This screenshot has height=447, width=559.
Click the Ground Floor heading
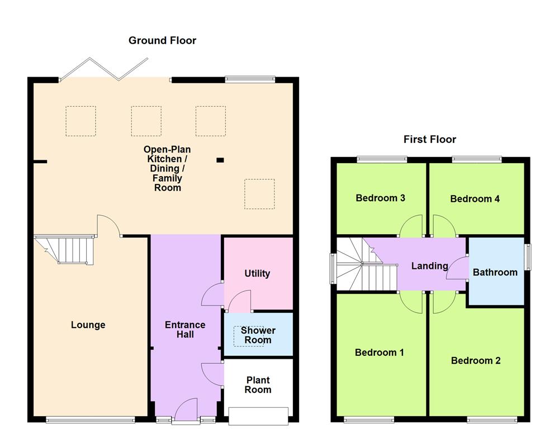(x=162, y=40)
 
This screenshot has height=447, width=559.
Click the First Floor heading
(x=430, y=139)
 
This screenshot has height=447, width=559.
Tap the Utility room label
(x=257, y=273)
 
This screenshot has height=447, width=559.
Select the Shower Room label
(x=258, y=335)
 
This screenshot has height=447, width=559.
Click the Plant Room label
(x=258, y=385)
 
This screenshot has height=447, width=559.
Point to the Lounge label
(x=88, y=325)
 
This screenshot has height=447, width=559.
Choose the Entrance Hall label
(x=185, y=329)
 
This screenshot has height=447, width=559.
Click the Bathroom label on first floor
(x=495, y=272)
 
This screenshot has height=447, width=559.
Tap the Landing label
(x=429, y=266)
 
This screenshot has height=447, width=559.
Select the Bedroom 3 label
(x=380, y=198)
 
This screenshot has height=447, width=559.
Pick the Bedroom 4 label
(x=475, y=198)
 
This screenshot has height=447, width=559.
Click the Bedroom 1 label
(x=380, y=353)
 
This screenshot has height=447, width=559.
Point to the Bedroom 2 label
(x=476, y=360)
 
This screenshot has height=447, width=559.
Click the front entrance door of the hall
(x=186, y=410)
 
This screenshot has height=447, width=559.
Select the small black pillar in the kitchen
(x=220, y=160)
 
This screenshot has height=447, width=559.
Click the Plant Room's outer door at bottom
(x=258, y=416)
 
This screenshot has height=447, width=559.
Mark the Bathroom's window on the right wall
(x=528, y=258)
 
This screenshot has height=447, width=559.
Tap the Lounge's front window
(x=90, y=420)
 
